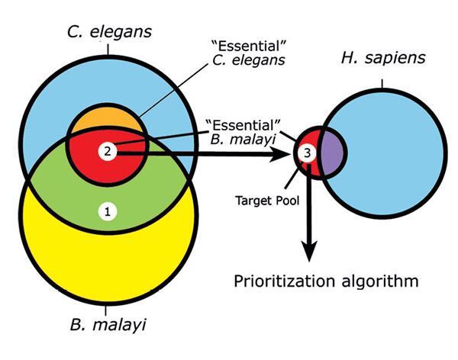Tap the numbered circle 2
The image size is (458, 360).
(x=108, y=150)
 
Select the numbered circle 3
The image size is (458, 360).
(x=307, y=153)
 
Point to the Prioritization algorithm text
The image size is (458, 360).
(x=326, y=281)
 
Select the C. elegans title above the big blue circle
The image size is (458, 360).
(x=109, y=32)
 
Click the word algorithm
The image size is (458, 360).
(x=379, y=281)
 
